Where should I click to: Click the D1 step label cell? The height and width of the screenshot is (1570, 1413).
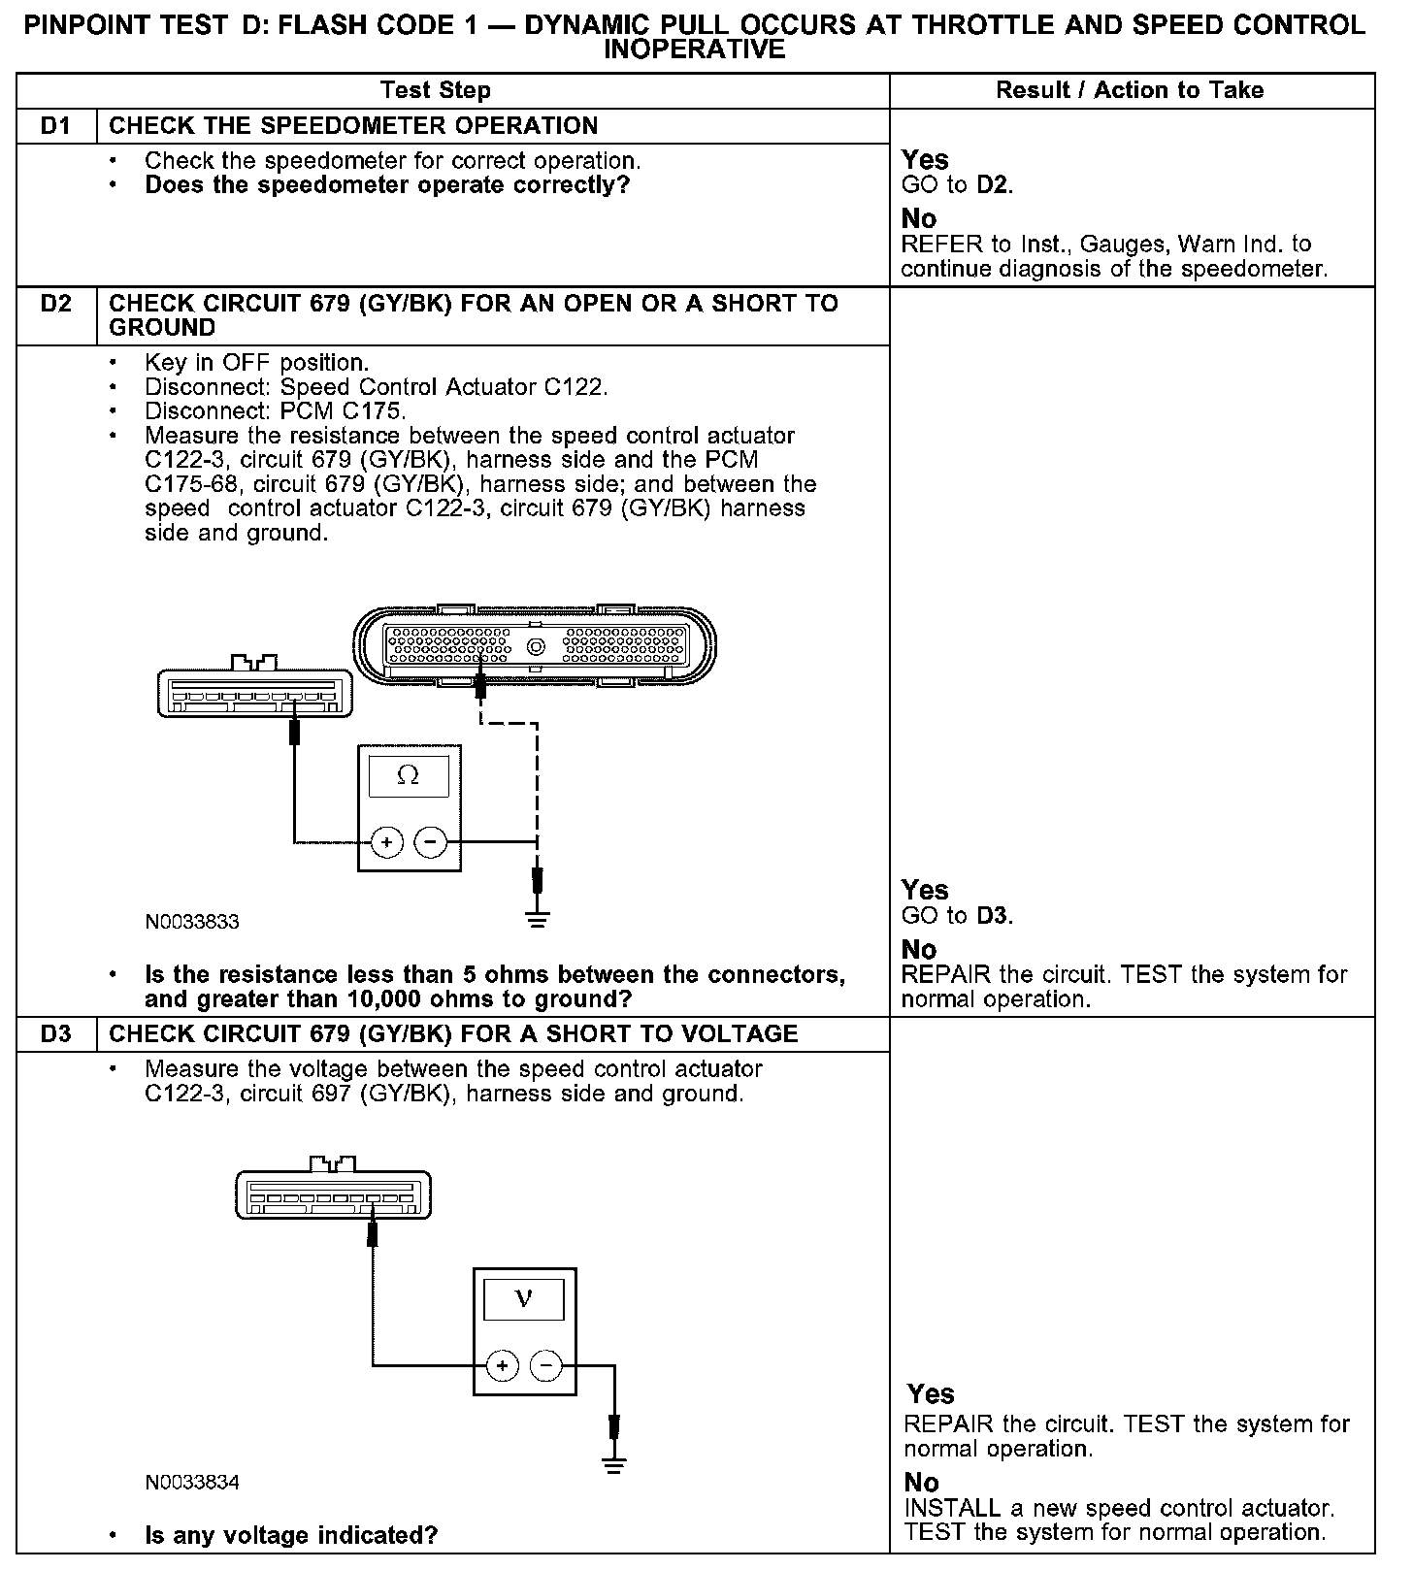(56, 126)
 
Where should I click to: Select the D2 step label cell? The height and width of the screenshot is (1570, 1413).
(56, 304)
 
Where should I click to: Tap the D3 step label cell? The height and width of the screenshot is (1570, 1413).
(56, 1034)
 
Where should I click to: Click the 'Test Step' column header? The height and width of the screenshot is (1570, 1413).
(436, 90)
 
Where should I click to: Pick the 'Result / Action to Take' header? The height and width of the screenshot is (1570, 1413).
(1130, 90)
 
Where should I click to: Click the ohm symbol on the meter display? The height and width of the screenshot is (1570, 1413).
(409, 776)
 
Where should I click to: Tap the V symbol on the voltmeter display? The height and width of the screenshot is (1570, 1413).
(523, 1298)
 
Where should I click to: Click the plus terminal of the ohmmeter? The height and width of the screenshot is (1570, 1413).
(386, 842)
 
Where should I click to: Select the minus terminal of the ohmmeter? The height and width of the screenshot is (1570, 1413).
(431, 842)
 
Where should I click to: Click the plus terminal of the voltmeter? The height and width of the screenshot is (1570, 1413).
(502, 1366)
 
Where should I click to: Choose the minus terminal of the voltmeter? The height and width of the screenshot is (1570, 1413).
(546, 1366)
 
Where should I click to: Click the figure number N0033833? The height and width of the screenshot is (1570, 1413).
(192, 922)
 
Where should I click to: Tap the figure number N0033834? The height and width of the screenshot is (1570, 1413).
(192, 1483)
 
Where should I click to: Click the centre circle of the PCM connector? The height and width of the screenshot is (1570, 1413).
(535, 647)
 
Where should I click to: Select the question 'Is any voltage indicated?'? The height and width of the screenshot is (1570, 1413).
(291, 1536)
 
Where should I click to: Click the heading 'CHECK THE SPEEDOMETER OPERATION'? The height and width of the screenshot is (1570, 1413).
(353, 126)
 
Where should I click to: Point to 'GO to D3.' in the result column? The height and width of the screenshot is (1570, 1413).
(957, 916)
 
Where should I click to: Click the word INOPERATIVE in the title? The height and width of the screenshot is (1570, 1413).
(694, 49)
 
